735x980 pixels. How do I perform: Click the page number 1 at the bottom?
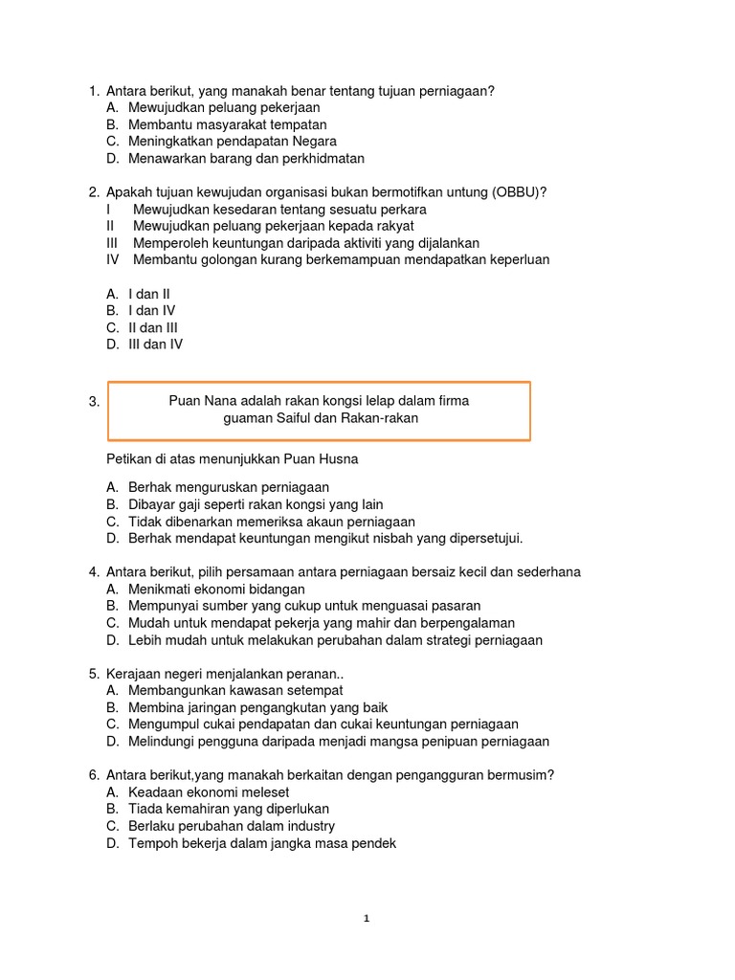[367, 919]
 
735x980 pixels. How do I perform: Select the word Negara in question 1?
[314, 142]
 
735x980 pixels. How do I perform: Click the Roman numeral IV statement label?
[113, 259]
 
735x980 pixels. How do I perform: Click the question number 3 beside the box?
[95, 403]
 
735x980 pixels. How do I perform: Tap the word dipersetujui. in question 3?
[480, 539]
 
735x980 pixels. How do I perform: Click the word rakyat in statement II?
[393, 226]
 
